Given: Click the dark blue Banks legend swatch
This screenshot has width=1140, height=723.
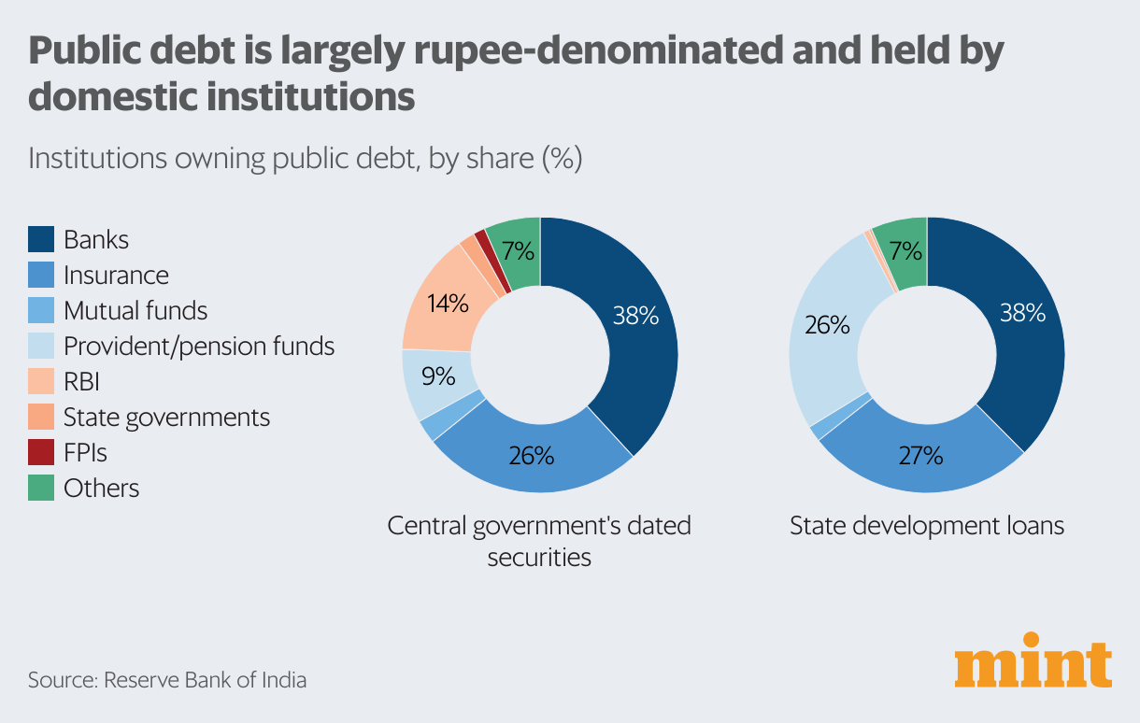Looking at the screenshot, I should pos(41,239).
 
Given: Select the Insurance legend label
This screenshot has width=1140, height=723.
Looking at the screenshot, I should pos(116,275).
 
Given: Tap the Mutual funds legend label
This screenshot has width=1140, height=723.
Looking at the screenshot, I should pos(135,310).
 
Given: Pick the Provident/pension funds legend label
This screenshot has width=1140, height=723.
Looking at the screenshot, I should pos(198,346).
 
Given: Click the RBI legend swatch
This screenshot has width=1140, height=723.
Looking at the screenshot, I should pos(41,381).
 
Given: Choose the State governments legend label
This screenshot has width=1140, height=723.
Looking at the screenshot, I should pos(166,417).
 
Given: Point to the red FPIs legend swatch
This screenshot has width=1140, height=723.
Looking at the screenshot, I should pos(41,452).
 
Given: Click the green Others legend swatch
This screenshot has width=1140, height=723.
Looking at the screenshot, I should pos(41,488).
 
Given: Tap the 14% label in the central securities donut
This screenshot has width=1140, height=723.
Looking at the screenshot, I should pos(447,304).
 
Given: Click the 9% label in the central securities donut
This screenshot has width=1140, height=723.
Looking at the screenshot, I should pos(437,376).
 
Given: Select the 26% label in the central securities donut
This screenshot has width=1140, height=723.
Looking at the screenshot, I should pos(532,456).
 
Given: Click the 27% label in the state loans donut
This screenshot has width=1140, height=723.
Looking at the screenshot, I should pos(919,456).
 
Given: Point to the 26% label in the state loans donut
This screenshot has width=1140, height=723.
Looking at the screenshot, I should pos(827,325).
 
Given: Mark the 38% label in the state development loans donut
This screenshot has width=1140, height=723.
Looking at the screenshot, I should pos(1022,313).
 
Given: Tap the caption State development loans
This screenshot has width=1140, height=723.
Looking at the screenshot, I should pos(927,526).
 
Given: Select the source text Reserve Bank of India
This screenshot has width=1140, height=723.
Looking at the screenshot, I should pos(205,679).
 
